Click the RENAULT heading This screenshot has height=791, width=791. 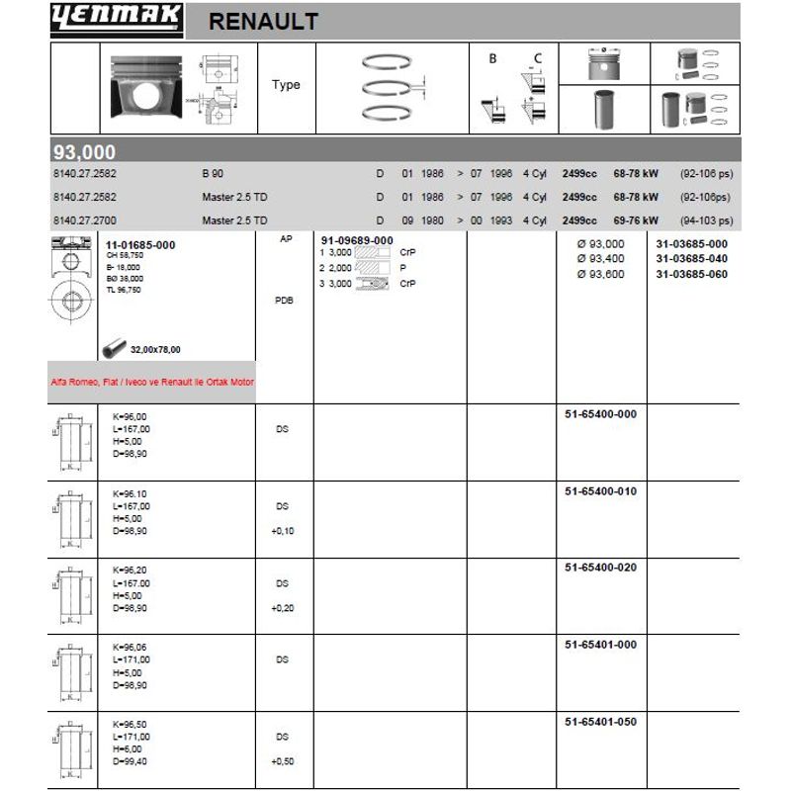264,22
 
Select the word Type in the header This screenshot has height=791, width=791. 286,85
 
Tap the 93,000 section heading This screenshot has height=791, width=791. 84,152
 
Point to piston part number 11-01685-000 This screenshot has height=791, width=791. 140,243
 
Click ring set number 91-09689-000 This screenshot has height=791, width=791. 357,241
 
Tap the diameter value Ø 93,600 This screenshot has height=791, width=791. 600,274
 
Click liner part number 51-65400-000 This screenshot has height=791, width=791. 600,414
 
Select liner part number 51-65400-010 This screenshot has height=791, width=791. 600,490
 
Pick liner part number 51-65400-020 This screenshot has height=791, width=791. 600,568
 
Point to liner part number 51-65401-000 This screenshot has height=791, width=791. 600,645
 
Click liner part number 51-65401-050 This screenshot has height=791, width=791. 600,722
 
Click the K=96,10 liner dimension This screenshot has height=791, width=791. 131,492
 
